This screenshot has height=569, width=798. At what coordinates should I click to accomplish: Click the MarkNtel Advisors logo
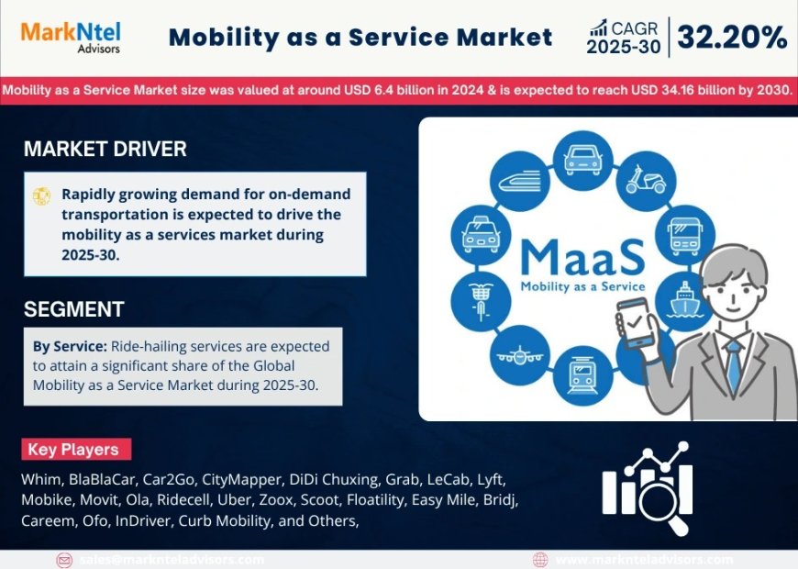(71, 36)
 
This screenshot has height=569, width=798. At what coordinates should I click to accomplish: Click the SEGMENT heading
(73, 309)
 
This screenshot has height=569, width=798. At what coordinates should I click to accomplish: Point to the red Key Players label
(76, 450)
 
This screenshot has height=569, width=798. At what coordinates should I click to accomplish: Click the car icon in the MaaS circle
(583, 158)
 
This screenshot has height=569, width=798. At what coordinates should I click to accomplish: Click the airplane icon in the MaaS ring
(520, 353)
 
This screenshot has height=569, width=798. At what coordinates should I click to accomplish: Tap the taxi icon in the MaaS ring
(479, 232)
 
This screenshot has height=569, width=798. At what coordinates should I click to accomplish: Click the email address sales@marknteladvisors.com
(172, 559)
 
